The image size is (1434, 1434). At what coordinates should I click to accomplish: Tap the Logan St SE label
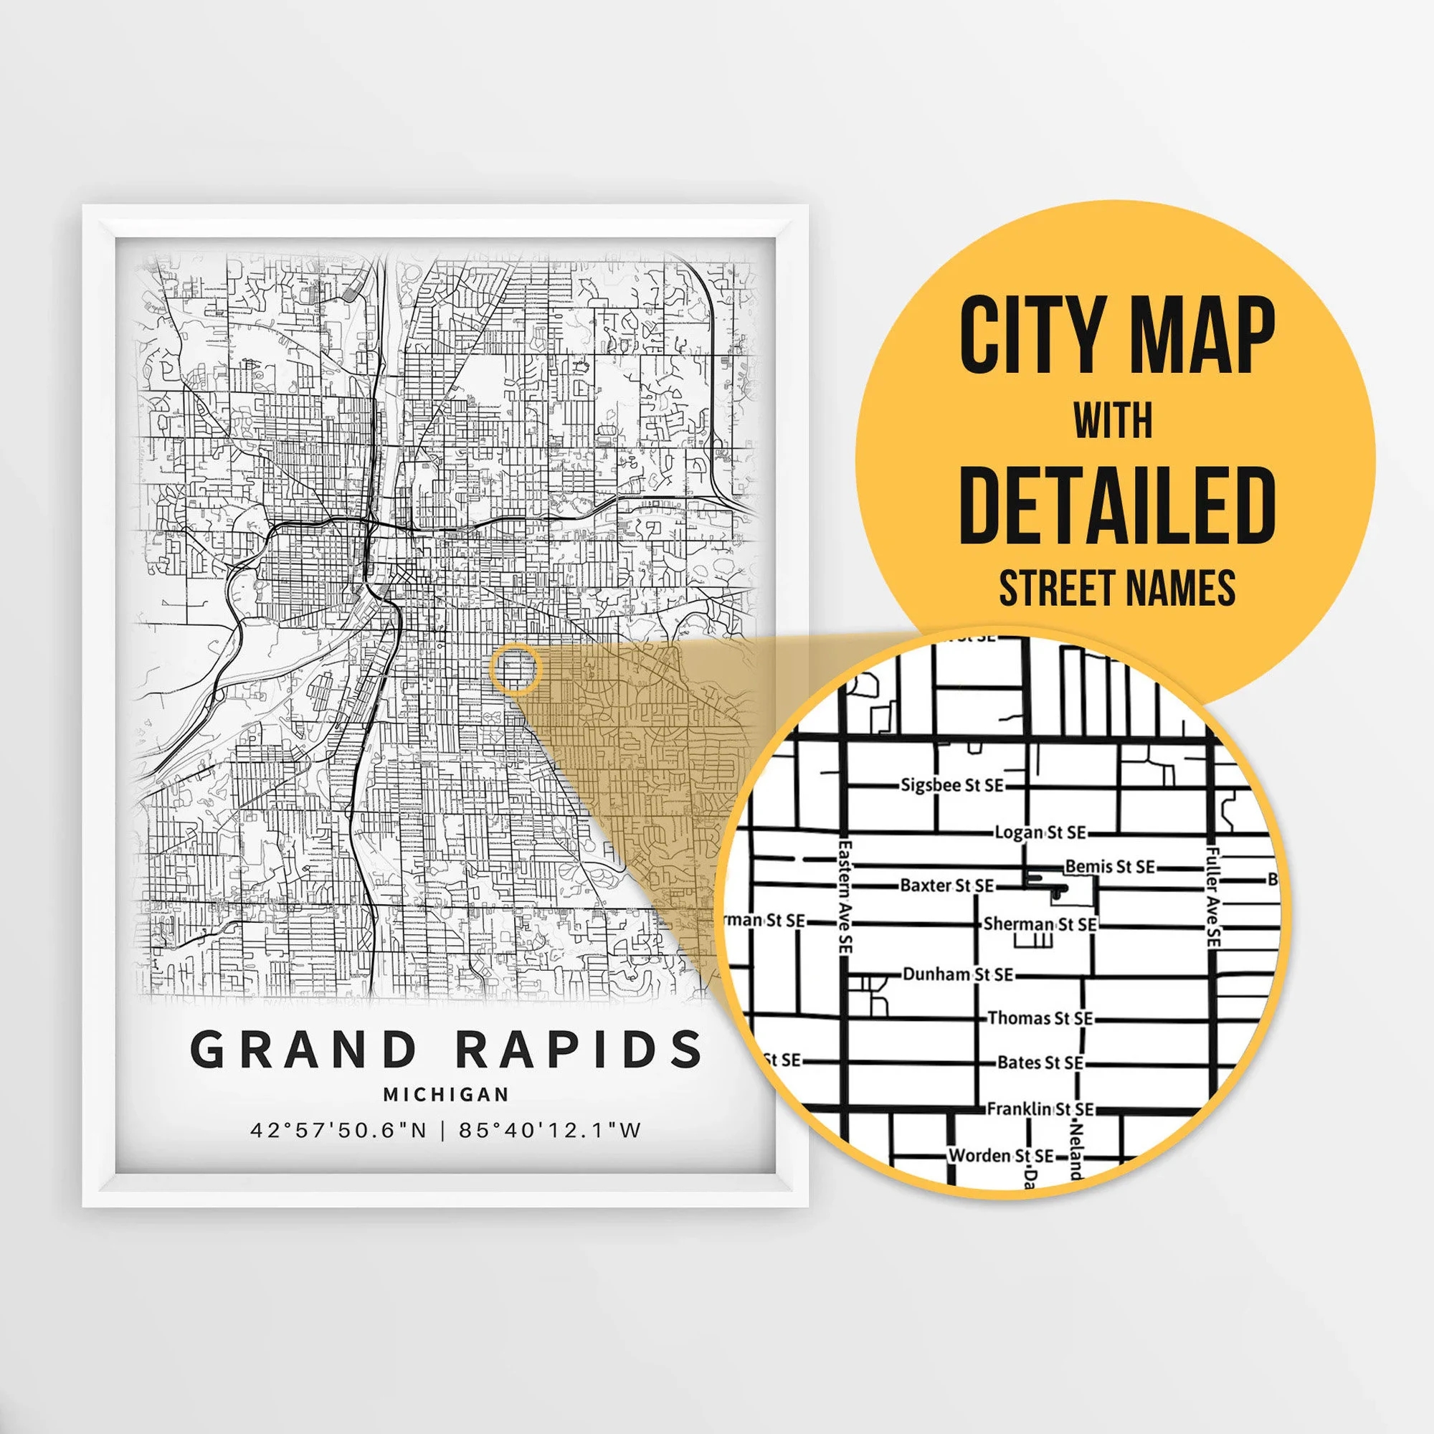1040,832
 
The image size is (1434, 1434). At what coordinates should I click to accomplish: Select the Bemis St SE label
1110,866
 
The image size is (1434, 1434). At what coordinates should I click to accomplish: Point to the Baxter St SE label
946,885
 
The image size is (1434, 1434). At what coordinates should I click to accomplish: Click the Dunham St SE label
957,974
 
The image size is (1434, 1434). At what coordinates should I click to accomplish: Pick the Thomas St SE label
1040,1018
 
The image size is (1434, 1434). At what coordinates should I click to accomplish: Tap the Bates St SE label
1040,1063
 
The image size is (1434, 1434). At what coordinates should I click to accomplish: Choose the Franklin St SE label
1040,1109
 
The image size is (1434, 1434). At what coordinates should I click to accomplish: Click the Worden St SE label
1000,1156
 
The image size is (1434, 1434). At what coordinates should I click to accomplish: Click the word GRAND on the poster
303,1050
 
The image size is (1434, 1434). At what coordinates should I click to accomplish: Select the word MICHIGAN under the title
446,1094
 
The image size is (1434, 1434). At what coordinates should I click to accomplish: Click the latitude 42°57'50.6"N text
338,1131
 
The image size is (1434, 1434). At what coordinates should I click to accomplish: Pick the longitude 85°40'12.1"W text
549,1131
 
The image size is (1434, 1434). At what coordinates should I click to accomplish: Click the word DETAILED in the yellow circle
1116,507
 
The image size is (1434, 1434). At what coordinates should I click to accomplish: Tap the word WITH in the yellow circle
1113,421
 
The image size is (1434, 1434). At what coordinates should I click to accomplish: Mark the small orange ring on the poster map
515,669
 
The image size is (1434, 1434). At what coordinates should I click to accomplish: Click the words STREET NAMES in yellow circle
1116,589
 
